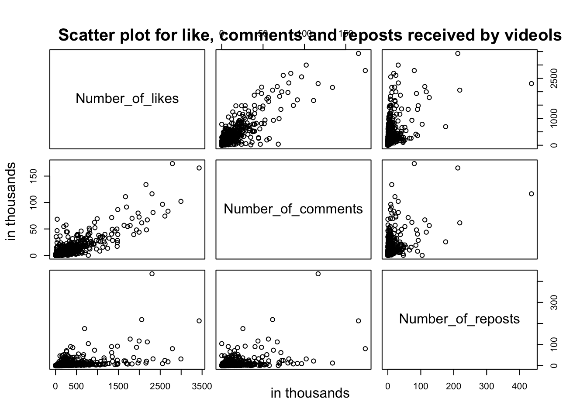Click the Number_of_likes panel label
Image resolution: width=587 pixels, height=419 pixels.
pyautogui.click(x=127, y=99)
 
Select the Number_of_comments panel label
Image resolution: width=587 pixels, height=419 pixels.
pyautogui.click(x=293, y=209)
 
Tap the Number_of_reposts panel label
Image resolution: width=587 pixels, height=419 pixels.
pyautogui.click(x=459, y=319)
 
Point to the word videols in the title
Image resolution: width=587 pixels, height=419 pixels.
pyautogui.click(x=532, y=35)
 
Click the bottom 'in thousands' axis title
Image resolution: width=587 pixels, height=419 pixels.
pyautogui.click(x=310, y=393)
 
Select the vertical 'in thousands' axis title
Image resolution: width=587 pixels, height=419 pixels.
pyautogui.click(x=12, y=201)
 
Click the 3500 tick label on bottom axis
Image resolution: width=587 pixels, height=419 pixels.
pyautogui.click(x=202, y=386)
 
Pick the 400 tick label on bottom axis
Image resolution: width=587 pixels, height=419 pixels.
pyautogui.click(x=519, y=386)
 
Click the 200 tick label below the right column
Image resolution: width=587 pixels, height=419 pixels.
pyautogui.click(x=453, y=386)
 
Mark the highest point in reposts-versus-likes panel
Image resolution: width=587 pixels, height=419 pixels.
pyautogui.click(x=152, y=274)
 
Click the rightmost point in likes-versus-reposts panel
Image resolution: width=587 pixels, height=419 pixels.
pyautogui.click(x=532, y=83)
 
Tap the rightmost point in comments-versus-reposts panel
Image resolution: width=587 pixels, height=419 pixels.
pyautogui.click(x=532, y=194)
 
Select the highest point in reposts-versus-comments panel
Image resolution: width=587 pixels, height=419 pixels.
pyautogui.click(x=318, y=274)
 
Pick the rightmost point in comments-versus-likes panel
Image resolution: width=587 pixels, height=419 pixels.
pyautogui.click(x=199, y=168)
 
